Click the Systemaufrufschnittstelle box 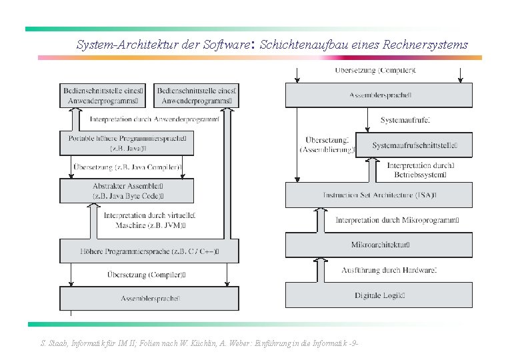click(x=413, y=145)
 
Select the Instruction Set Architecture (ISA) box click(x=379, y=195)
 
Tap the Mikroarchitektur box click(x=379, y=245)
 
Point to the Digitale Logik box click(x=379, y=295)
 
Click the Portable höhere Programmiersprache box click(x=127, y=143)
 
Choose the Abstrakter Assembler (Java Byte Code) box click(x=127, y=191)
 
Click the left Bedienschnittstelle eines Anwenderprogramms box click(x=102, y=96)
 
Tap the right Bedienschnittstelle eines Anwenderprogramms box click(x=195, y=96)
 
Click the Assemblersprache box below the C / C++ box click(x=149, y=298)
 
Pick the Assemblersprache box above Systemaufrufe click(x=379, y=95)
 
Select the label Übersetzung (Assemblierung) click(x=327, y=145)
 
